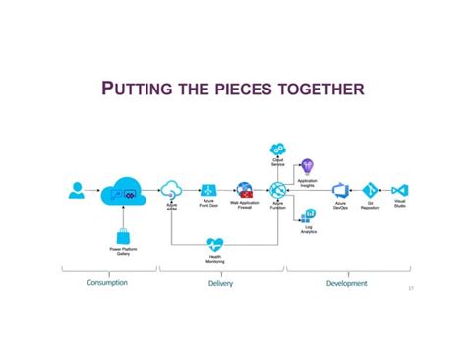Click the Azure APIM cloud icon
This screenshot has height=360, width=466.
pos(172,190)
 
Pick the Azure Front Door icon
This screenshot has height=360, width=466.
pos(208,191)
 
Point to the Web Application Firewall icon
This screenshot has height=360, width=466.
pos(244,190)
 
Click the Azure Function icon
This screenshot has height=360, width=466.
pos(277,191)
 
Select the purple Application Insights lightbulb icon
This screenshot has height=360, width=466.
pos(307,168)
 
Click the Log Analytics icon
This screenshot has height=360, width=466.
pos(308,214)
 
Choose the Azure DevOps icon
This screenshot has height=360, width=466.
pos(340,191)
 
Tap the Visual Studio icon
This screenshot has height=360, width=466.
pos(399,191)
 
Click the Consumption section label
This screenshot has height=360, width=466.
pos(107,283)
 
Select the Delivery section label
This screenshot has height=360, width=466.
pos(220,283)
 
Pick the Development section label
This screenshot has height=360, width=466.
pos(346,283)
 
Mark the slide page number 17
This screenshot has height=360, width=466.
pos(410,289)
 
